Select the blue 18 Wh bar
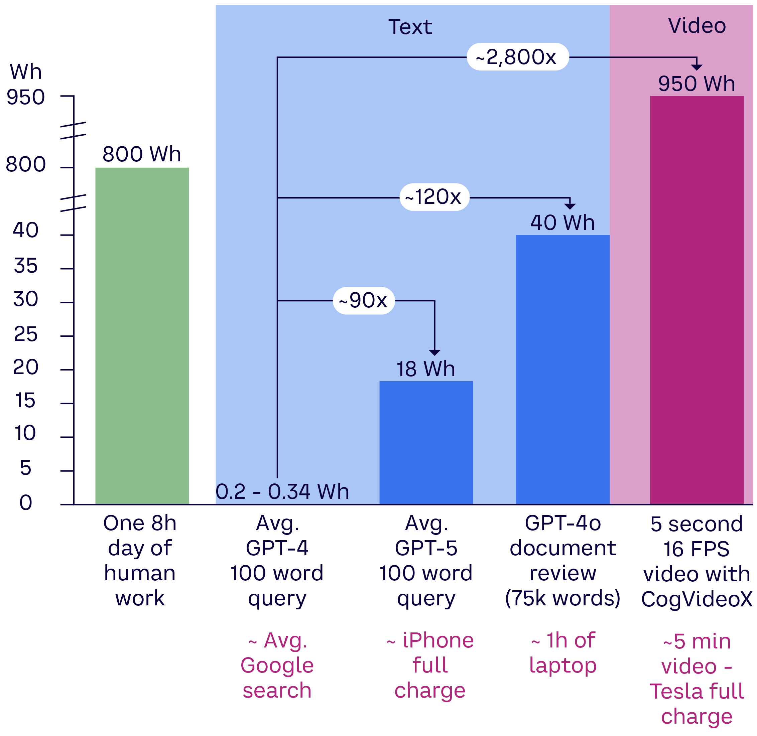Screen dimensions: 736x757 [x=426, y=443]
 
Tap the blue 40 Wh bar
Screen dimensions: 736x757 [x=562, y=369]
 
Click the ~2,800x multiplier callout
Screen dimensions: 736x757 [x=517, y=57]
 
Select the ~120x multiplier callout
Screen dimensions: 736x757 [x=434, y=197]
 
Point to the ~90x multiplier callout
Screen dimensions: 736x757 [x=363, y=300]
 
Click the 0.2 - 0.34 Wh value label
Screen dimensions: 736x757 [x=282, y=492]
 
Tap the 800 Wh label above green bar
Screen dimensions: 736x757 [x=141, y=154]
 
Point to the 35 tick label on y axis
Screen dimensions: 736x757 [x=25, y=266]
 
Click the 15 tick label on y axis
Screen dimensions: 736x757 [x=25, y=401]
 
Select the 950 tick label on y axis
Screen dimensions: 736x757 [x=25, y=97]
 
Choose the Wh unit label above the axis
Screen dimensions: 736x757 [x=25, y=71]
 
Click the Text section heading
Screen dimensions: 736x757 [x=410, y=27]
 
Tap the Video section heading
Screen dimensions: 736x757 [x=697, y=26]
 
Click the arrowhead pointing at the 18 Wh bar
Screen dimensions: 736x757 [x=434, y=352]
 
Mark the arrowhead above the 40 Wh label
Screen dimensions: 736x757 [x=570, y=206]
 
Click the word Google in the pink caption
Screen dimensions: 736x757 [x=277, y=665]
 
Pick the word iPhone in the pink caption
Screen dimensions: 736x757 [x=437, y=640]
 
